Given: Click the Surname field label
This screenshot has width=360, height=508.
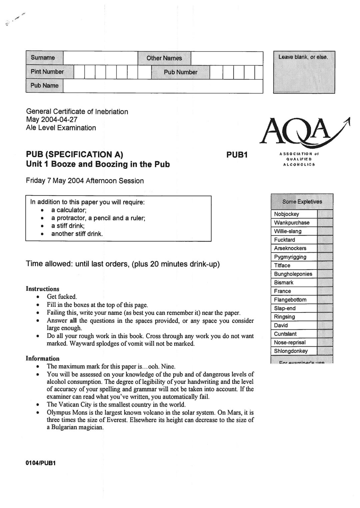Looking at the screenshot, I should tap(43, 58).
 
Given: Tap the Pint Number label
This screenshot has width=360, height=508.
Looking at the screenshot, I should tap(47, 72).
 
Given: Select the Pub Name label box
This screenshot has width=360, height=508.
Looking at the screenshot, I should tap(44, 86).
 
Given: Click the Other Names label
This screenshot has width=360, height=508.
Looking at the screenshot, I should tap(164, 58).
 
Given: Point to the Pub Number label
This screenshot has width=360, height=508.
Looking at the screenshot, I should tap(181, 72).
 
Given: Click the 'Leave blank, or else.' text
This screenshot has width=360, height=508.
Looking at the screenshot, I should tap(303, 57).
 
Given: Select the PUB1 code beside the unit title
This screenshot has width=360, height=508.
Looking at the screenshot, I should tap(237, 155).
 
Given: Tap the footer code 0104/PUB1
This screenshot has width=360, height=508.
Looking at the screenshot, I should tap(41, 463).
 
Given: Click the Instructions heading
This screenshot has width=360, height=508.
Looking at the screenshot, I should tap(42, 289).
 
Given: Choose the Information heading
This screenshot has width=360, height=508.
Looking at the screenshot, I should tap(42, 358).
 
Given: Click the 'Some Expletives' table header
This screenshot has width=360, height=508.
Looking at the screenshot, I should tap(302, 202).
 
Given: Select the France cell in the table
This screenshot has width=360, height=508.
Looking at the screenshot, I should tap(282, 291).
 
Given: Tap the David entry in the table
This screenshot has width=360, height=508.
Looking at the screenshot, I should tap(281, 325).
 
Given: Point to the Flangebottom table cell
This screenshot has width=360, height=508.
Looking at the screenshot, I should tap(290, 300).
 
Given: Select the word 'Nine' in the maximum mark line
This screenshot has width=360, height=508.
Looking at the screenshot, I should tap(168, 366).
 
